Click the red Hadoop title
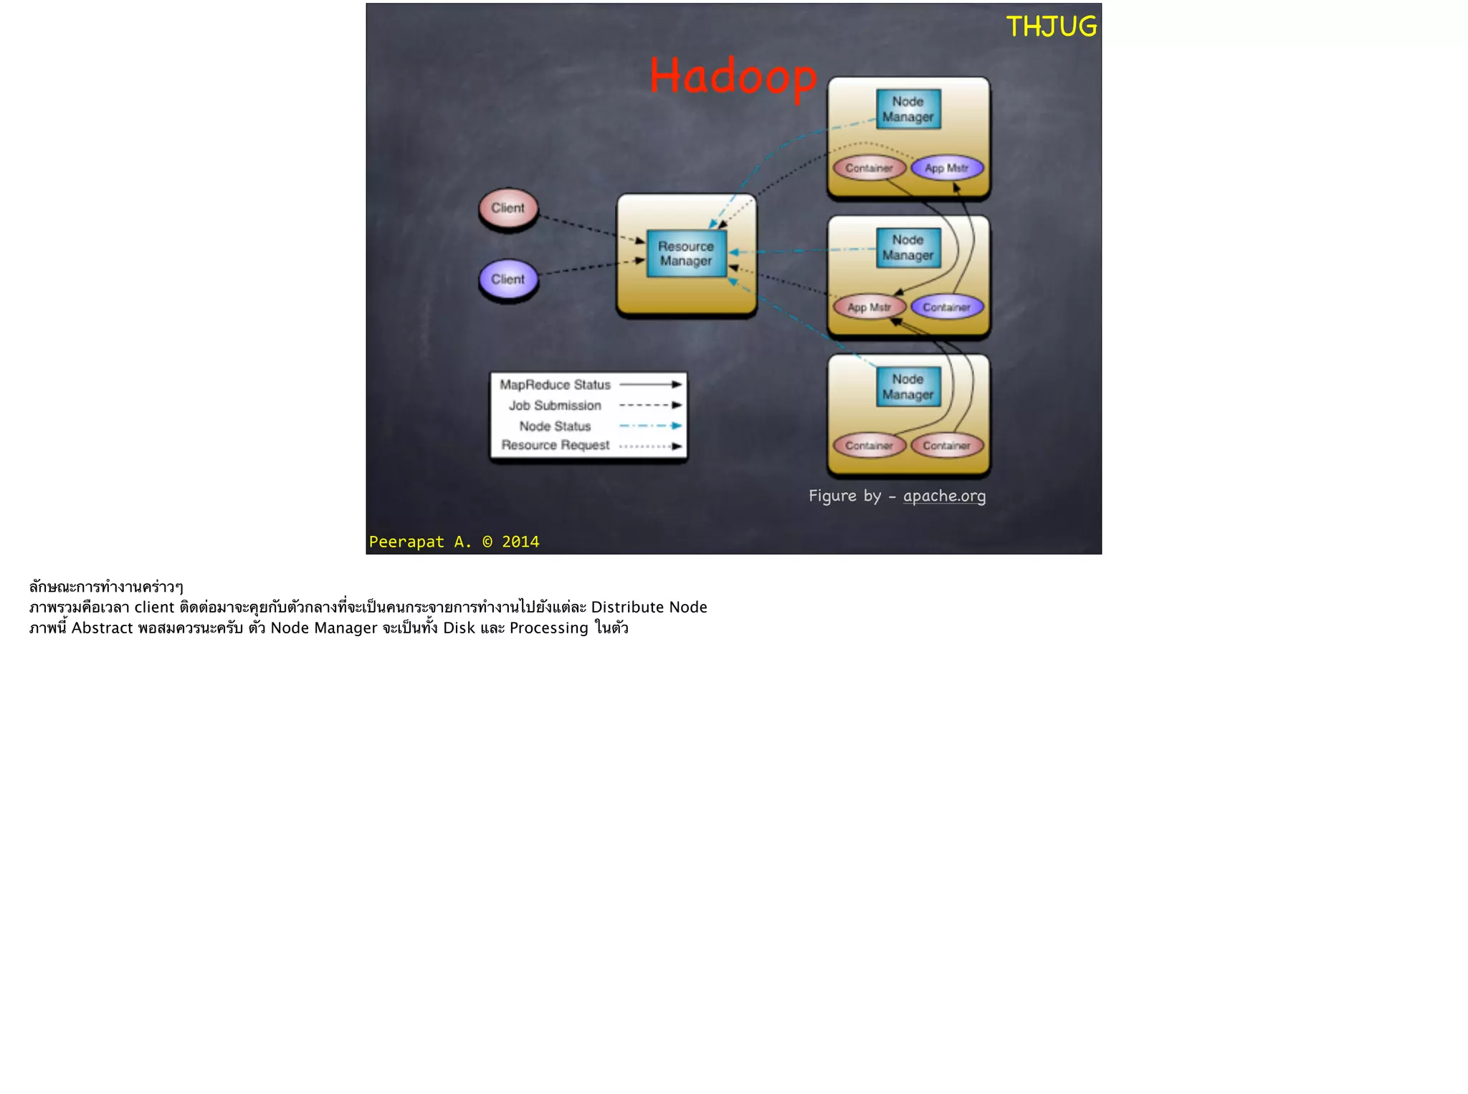(x=733, y=77)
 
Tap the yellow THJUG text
(x=1051, y=27)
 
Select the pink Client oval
(x=508, y=208)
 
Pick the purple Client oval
(x=508, y=279)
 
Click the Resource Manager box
(x=686, y=254)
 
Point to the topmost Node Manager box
(x=907, y=110)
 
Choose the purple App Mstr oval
(x=946, y=168)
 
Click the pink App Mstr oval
(x=869, y=307)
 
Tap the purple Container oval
(x=946, y=307)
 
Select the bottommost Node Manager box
(x=907, y=387)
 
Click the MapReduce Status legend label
(x=555, y=385)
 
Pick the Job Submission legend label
(x=555, y=406)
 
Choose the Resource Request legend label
(x=555, y=445)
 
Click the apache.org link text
(x=944, y=496)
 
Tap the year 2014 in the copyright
(x=520, y=542)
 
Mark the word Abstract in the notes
(x=102, y=628)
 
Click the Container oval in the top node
(x=869, y=168)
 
